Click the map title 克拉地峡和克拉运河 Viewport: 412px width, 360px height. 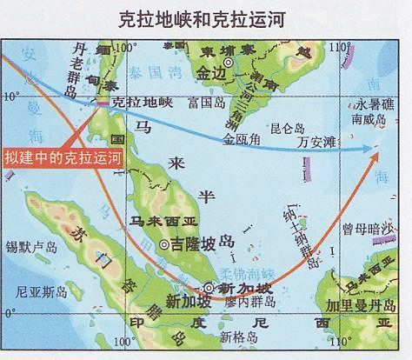[206, 17]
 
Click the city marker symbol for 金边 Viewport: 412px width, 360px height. [229, 63]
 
